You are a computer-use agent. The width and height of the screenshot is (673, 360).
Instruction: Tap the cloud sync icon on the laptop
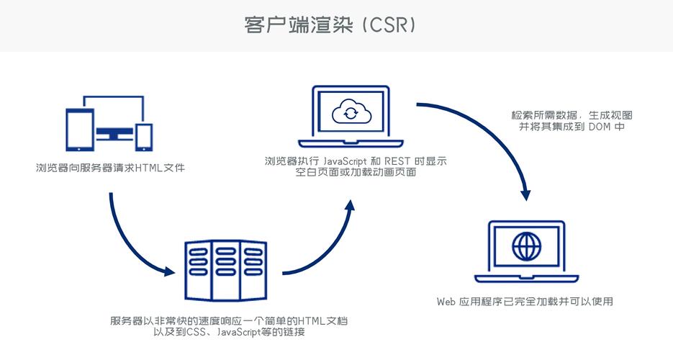click(x=349, y=112)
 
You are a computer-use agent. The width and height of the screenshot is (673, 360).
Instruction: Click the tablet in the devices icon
click(x=77, y=129)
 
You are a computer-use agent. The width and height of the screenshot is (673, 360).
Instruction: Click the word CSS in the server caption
click(x=194, y=332)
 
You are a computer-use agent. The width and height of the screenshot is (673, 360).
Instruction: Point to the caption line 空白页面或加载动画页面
click(x=351, y=174)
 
